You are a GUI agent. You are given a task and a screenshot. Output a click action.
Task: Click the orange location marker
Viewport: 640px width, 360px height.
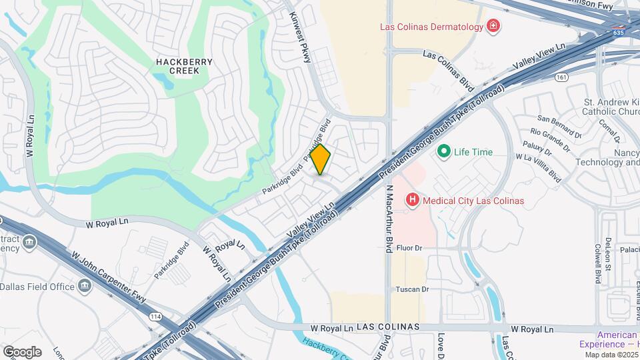(x=321, y=159)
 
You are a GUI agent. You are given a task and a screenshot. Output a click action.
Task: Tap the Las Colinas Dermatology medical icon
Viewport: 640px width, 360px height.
(x=493, y=27)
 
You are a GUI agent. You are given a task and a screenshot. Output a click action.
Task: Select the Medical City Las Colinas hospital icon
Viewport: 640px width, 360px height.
(x=413, y=200)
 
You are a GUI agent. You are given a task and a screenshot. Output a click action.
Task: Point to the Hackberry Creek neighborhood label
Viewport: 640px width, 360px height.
(x=184, y=66)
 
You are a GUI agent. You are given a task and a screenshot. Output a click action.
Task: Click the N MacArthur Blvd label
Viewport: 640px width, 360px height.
(x=389, y=218)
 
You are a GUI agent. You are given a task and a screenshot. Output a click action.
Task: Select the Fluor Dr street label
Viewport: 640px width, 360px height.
(x=410, y=248)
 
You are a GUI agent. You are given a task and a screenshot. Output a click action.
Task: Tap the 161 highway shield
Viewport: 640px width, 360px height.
(x=561, y=77)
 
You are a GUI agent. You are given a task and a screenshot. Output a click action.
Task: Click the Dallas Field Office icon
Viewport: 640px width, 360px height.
(x=85, y=287)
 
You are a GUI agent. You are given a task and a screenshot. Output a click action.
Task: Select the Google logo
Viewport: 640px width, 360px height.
(x=22, y=351)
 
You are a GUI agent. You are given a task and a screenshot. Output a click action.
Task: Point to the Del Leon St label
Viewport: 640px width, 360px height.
(x=607, y=254)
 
